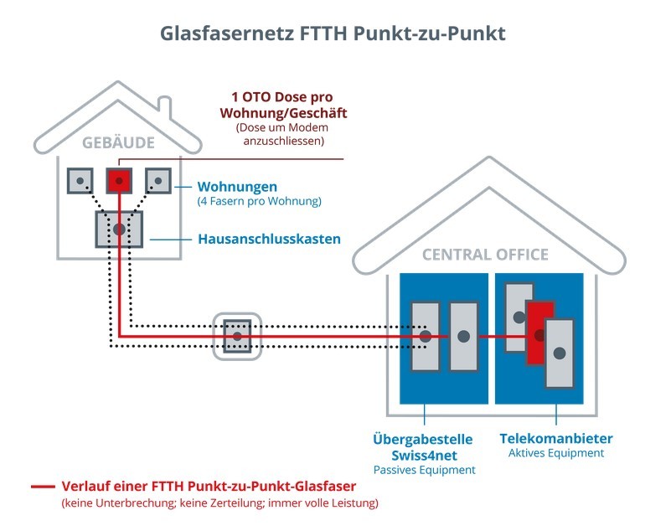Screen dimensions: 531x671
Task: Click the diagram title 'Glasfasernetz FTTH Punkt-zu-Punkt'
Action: [335, 34]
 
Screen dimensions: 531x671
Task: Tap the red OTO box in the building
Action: [119, 181]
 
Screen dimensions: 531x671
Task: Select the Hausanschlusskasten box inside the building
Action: [119, 229]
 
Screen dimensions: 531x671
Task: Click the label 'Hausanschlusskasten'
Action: [269, 240]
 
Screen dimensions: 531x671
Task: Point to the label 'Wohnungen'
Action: [236, 186]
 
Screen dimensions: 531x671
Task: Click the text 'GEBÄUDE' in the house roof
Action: [118, 142]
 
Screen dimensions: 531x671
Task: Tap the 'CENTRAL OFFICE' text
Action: [485, 255]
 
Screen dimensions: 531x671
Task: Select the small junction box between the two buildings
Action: [237, 336]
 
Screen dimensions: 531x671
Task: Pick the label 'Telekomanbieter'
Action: [556, 438]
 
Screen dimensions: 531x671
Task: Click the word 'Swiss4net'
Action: [422, 455]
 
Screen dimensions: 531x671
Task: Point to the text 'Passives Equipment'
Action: [423, 470]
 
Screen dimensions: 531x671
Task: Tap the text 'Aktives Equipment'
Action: [556, 453]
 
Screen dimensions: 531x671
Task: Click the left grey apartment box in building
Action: [80, 181]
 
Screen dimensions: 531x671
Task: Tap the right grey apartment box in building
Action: [157, 181]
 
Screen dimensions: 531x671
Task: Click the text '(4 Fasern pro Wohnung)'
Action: [259, 202]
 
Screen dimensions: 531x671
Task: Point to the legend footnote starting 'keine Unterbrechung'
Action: [219, 503]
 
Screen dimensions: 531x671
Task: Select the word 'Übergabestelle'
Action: [423, 439]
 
